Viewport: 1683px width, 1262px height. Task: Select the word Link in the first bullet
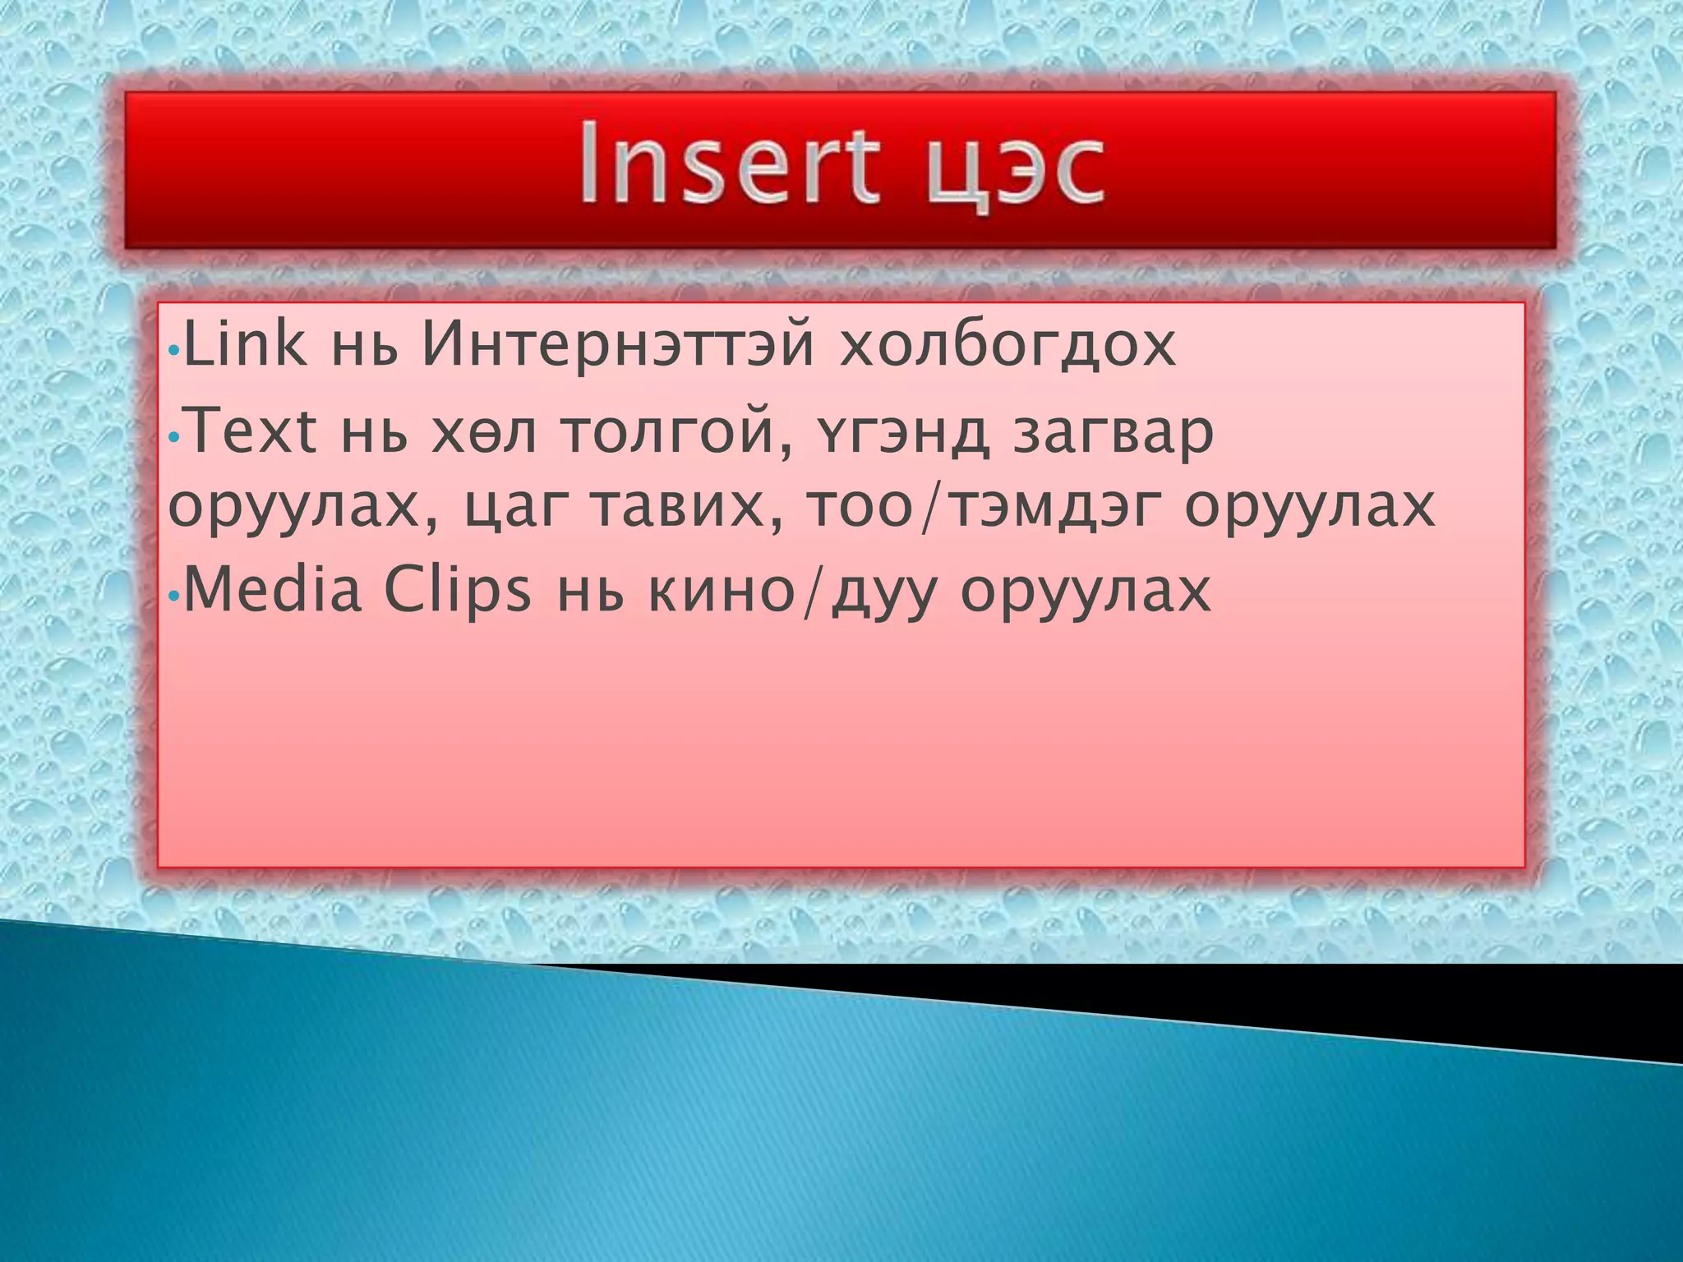coord(244,345)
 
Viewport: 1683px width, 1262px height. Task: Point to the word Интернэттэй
coord(617,345)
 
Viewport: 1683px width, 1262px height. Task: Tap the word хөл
coord(483,434)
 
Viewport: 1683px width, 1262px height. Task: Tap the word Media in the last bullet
coord(272,590)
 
